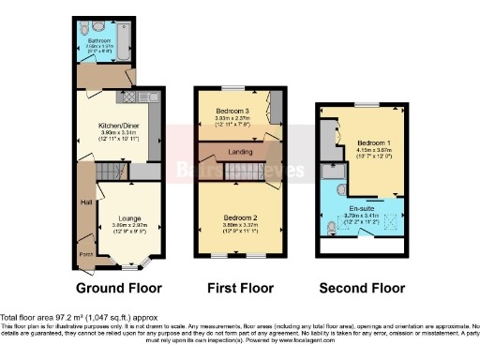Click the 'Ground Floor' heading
[x=119, y=288]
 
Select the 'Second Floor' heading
[x=361, y=288]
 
